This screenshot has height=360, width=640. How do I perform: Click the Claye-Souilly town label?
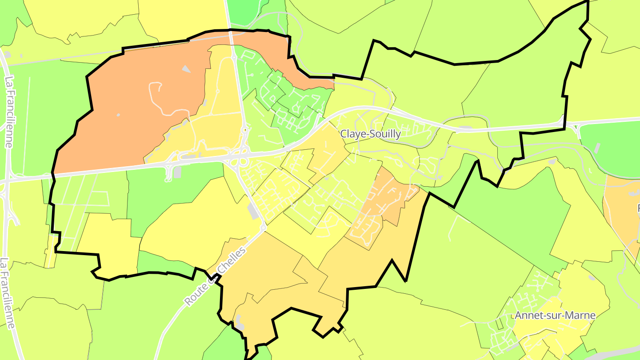371,134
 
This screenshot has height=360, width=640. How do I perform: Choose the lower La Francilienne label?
8,293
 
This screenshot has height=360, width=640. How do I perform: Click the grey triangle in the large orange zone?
186,69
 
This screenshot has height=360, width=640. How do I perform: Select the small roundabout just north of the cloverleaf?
244,130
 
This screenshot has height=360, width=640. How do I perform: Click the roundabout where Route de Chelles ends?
263,228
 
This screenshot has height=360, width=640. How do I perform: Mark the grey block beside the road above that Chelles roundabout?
254,211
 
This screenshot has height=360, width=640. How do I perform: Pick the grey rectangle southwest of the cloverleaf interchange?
177,172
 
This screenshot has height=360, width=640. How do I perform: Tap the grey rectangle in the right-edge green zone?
596,148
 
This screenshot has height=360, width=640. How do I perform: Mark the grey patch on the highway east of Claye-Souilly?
465,129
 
